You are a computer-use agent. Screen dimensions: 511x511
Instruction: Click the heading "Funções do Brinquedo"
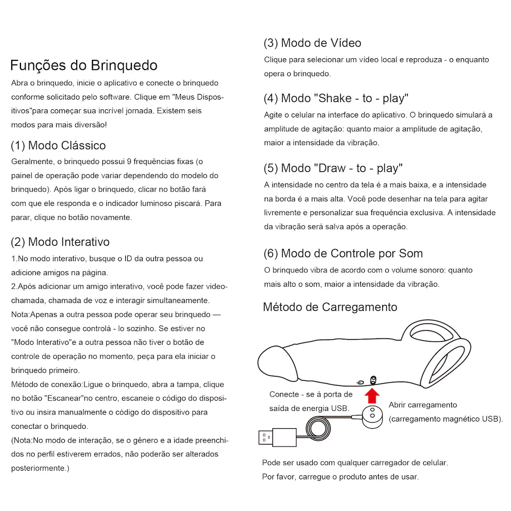click(x=84, y=65)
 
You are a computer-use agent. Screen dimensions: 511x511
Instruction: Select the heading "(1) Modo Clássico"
click(x=58, y=146)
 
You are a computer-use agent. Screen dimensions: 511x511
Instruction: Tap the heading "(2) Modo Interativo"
click(x=60, y=242)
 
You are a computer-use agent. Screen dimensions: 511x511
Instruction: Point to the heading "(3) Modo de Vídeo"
click(x=312, y=43)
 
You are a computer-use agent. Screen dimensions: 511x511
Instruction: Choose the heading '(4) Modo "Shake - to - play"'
click(x=336, y=98)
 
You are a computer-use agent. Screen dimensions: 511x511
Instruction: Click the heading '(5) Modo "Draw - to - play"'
click(x=333, y=168)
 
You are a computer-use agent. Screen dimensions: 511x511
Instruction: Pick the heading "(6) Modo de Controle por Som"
click(x=343, y=253)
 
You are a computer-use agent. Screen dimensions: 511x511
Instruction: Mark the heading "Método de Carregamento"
click(x=330, y=307)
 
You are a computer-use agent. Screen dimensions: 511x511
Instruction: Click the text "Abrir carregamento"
click(x=423, y=405)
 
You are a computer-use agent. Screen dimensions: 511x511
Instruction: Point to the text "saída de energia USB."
click(x=309, y=408)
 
